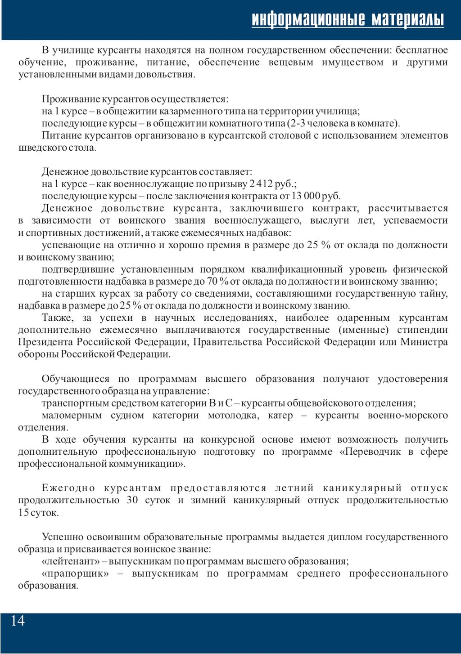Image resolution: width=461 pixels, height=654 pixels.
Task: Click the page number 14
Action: click(x=18, y=621)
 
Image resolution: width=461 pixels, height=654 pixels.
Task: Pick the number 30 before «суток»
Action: click(x=132, y=500)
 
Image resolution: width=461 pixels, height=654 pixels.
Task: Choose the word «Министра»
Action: click(x=424, y=342)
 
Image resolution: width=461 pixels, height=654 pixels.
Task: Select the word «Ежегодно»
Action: click(x=68, y=488)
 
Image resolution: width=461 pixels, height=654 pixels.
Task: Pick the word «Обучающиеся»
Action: click(x=75, y=379)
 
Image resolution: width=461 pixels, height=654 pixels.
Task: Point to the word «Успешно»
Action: click(x=63, y=537)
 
